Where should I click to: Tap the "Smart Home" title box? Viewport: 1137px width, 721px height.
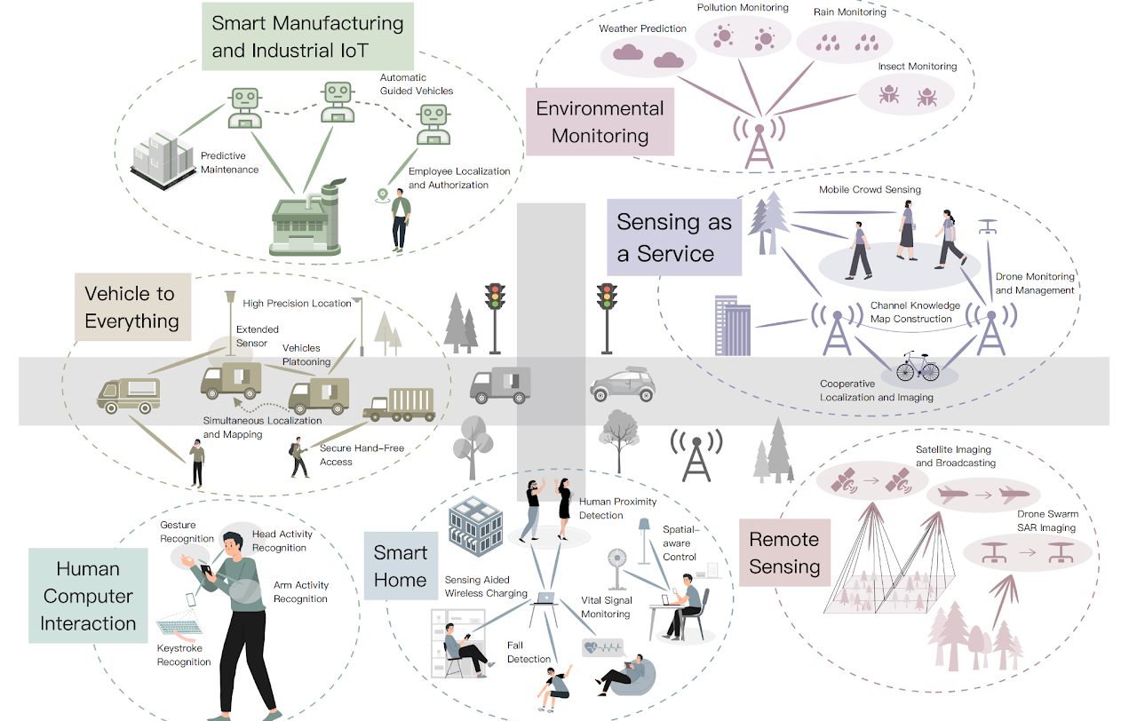(x=401, y=566)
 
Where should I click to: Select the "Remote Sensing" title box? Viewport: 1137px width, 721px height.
(x=784, y=552)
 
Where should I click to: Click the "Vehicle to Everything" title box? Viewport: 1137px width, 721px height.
(x=131, y=306)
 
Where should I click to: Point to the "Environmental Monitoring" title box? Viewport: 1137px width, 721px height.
(x=600, y=122)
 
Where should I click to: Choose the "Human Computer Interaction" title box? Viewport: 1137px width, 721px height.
(x=88, y=596)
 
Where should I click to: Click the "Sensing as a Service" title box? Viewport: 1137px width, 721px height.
(x=674, y=237)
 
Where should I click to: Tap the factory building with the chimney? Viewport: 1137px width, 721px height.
(x=306, y=219)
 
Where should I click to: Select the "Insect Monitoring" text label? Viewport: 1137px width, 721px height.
(x=918, y=67)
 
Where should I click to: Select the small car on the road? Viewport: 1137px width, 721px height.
(x=623, y=384)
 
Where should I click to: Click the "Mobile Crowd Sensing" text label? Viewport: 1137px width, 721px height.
(x=870, y=189)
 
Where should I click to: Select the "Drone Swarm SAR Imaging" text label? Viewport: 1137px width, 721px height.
(x=1048, y=521)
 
